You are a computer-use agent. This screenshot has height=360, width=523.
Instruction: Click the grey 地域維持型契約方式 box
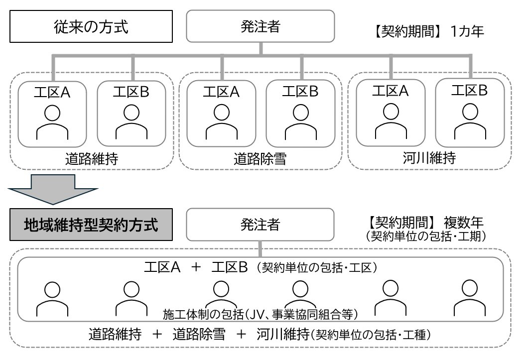(91, 225)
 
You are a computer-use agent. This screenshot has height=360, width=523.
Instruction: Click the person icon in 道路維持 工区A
(52, 122)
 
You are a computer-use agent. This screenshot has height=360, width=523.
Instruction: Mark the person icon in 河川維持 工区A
(390, 121)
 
